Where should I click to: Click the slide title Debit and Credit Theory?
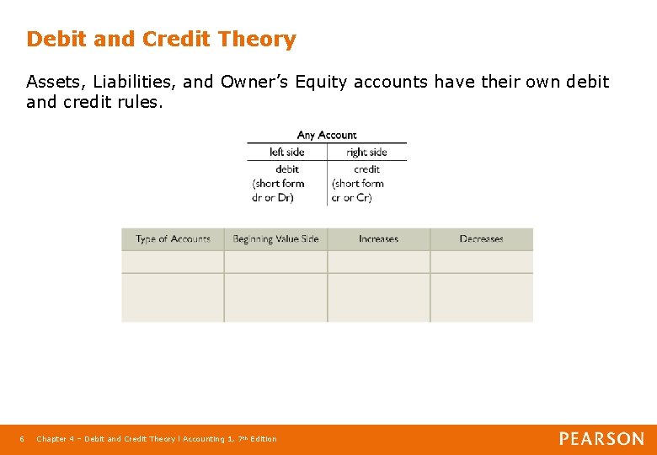pyautogui.click(x=161, y=40)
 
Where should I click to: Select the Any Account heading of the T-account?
pyautogui.click(x=327, y=135)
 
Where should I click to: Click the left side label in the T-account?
pyautogui.click(x=286, y=153)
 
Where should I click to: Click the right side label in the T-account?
pyautogui.click(x=366, y=153)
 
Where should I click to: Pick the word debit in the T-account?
pyautogui.click(x=287, y=169)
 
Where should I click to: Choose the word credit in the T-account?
pyautogui.click(x=366, y=169)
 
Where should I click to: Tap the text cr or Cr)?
pyautogui.click(x=352, y=198)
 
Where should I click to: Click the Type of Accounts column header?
pyautogui.click(x=173, y=239)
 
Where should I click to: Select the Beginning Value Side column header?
pyautogui.click(x=275, y=239)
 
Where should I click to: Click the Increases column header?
pyautogui.click(x=378, y=239)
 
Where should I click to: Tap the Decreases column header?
pyautogui.click(x=481, y=239)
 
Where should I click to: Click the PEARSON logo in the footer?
pyautogui.click(x=601, y=439)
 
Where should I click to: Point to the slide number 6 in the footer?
pyautogui.click(x=22, y=439)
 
